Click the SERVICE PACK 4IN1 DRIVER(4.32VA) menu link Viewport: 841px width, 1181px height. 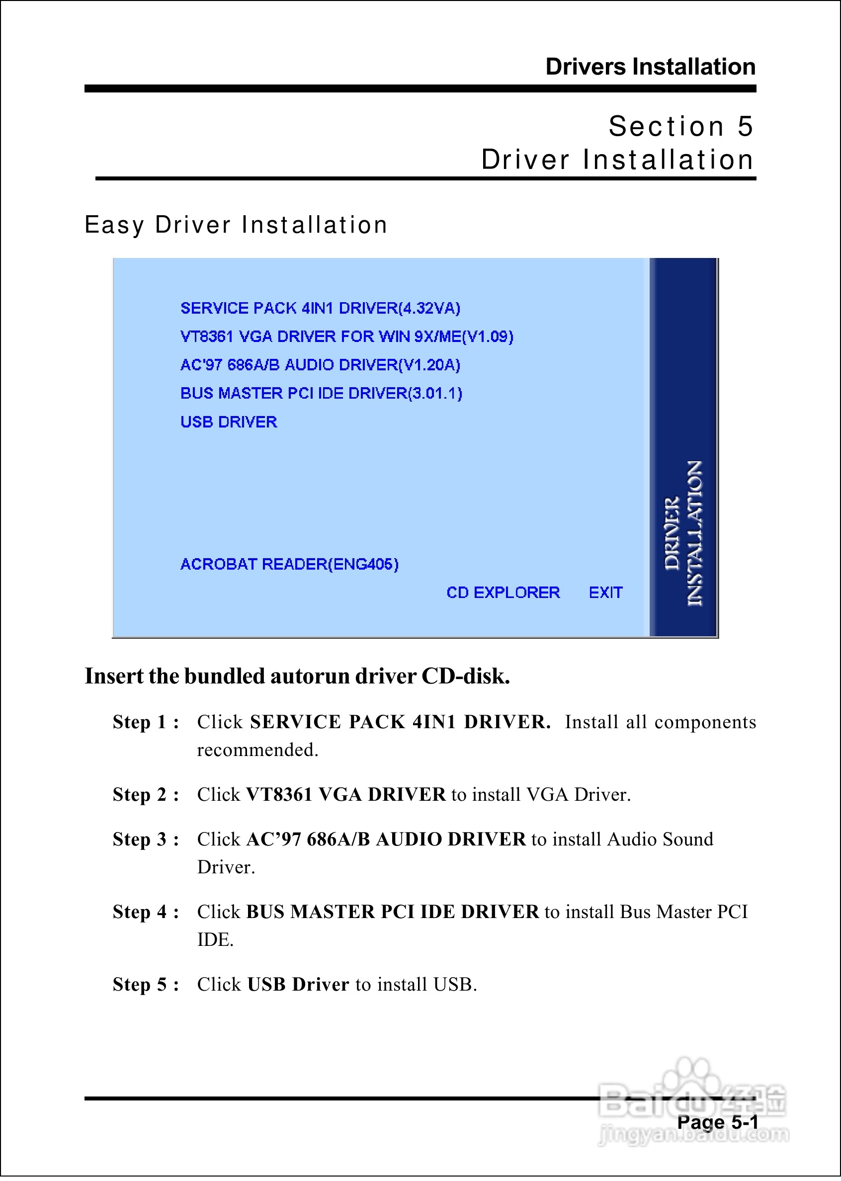click(320, 308)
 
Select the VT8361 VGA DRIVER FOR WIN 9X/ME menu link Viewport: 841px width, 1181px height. click(346, 337)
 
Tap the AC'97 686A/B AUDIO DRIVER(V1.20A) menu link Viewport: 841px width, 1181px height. click(320, 365)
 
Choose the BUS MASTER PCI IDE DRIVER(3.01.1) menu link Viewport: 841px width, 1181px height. click(321, 394)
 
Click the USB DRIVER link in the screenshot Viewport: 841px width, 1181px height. click(228, 422)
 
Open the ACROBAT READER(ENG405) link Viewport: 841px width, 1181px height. click(289, 564)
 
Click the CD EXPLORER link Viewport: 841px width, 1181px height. click(503, 592)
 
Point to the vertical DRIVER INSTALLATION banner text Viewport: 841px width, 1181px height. click(683, 533)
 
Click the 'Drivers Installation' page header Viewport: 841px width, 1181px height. click(651, 67)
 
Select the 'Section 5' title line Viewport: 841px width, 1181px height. click(680, 126)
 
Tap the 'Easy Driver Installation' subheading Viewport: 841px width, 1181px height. click(236, 225)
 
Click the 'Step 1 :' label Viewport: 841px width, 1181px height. click(146, 722)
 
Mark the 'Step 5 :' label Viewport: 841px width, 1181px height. click(146, 984)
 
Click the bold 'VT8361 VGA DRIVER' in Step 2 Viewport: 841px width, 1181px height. click(345, 794)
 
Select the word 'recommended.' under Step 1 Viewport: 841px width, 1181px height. click(257, 750)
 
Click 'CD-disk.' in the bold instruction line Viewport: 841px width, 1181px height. click(466, 676)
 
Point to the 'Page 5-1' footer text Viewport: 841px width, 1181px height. click(717, 1122)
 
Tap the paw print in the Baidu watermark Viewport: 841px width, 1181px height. click(694, 1074)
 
